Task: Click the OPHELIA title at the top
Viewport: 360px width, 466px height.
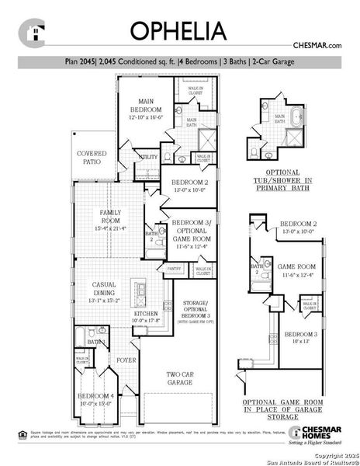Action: [178, 30]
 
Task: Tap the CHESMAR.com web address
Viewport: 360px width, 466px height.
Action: [317, 47]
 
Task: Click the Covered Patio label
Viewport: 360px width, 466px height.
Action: [92, 158]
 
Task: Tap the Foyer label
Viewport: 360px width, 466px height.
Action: [126, 360]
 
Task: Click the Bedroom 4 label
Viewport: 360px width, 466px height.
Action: [95, 398]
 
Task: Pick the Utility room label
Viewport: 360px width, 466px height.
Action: [147, 156]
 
